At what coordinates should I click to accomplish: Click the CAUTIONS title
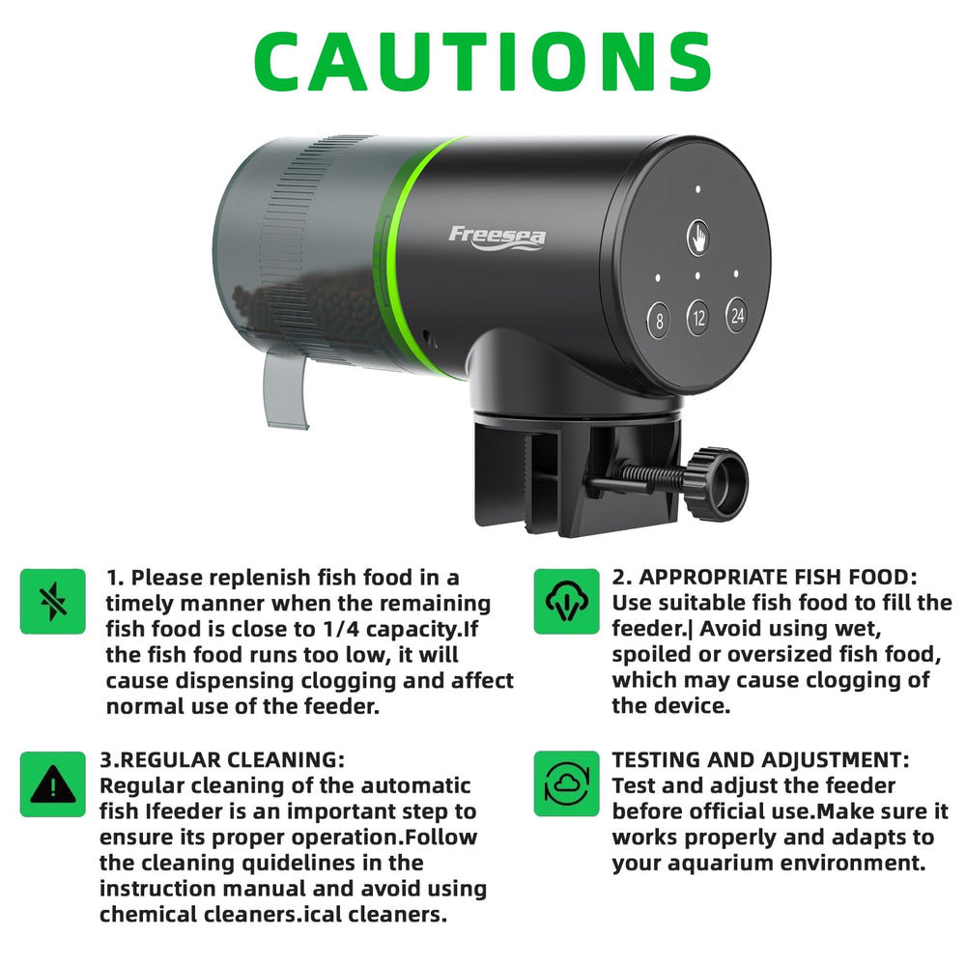(x=482, y=61)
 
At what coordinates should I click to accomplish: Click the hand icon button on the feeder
(x=698, y=238)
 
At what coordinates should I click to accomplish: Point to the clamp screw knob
(x=718, y=484)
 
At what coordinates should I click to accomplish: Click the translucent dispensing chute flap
(x=285, y=390)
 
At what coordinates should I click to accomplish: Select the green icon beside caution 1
(x=53, y=601)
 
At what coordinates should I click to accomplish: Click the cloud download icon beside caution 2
(x=566, y=601)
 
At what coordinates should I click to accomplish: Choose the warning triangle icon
(x=53, y=784)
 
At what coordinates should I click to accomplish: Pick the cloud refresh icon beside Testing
(x=566, y=783)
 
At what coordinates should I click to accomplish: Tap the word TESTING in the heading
(x=656, y=759)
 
